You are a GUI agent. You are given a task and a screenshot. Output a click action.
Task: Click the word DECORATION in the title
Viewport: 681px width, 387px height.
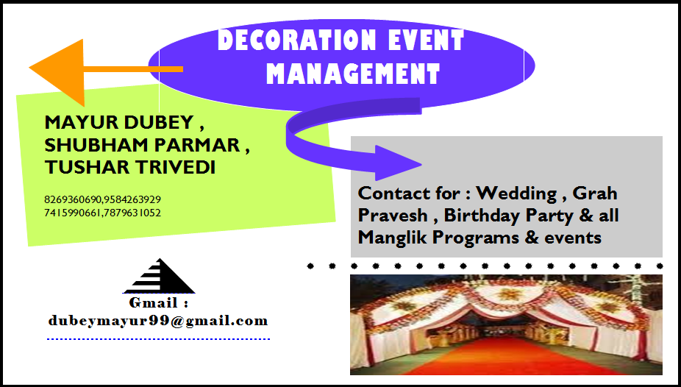pyautogui.click(x=284, y=41)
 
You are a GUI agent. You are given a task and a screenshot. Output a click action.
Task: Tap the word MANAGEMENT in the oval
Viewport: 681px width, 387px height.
pyautogui.click(x=353, y=74)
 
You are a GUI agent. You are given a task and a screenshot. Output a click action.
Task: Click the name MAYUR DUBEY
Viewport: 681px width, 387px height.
pyautogui.click(x=118, y=122)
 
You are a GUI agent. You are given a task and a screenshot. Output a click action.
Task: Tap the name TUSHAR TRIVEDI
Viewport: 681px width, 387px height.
pyautogui.click(x=130, y=168)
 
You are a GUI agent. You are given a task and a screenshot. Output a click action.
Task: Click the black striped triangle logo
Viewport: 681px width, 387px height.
pyautogui.click(x=159, y=277)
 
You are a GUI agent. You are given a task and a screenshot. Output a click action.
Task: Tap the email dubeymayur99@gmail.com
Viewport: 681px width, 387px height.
pyautogui.click(x=158, y=321)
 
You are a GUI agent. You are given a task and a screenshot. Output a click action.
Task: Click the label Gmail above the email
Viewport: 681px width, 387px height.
pyautogui.click(x=158, y=302)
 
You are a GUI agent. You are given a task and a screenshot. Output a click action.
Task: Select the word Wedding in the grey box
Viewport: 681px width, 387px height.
pyautogui.click(x=517, y=193)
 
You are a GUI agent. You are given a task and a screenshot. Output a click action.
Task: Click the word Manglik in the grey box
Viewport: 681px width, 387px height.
pyautogui.click(x=392, y=238)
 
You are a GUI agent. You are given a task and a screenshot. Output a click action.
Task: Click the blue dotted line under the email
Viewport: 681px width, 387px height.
pyautogui.click(x=158, y=339)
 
